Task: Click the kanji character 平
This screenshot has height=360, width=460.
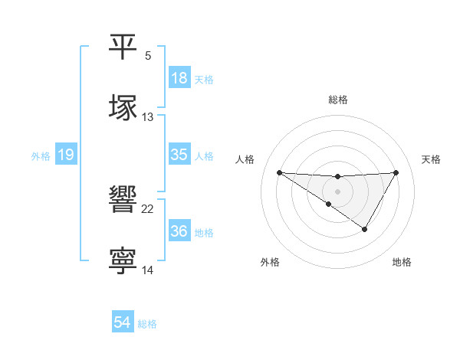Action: [x=123, y=47]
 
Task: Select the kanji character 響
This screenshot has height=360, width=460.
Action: [x=123, y=200]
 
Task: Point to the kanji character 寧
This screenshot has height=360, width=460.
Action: [x=123, y=260]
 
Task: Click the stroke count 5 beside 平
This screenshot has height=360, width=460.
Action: [x=148, y=56]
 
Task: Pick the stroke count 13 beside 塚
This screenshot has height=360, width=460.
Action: [x=148, y=117]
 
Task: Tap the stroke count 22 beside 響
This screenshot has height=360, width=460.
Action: [x=148, y=209]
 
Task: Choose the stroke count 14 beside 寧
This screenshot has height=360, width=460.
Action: [x=148, y=270]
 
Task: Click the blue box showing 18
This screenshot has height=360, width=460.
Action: [x=179, y=78]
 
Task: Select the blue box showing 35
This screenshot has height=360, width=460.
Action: [x=179, y=155]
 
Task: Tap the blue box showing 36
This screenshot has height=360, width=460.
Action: [x=179, y=231]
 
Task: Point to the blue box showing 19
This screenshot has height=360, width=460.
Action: [x=66, y=155]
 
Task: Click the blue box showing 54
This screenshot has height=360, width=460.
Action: [x=123, y=323]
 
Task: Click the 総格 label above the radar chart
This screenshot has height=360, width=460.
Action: [x=338, y=100]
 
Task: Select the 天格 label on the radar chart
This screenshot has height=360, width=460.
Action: [x=432, y=159]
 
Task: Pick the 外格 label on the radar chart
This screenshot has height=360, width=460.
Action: [x=270, y=262]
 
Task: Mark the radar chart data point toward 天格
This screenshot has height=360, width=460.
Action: [x=396, y=172]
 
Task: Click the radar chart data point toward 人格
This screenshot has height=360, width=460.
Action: [x=279, y=172]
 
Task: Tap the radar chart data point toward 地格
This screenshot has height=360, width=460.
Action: [x=365, y=229]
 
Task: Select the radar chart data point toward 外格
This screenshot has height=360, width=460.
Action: [x=329, y=204]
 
